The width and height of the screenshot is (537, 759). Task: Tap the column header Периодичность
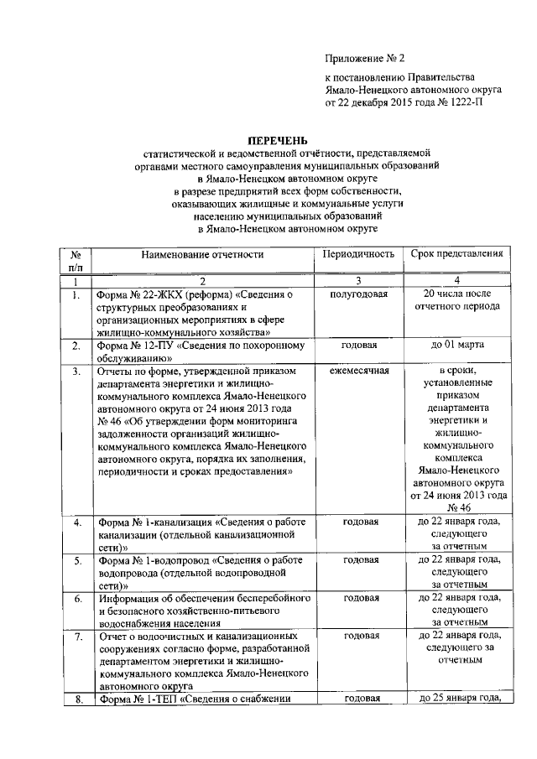359,254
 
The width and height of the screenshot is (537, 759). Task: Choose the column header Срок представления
456,254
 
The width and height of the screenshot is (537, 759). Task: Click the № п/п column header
76,260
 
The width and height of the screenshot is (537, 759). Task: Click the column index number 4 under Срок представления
456,280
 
